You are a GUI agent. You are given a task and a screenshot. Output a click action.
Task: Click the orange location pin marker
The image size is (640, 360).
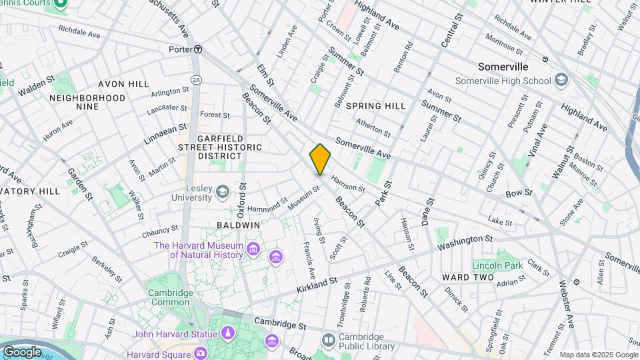tap(320, 159)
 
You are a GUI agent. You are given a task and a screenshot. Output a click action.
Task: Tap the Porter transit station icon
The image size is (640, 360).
tap(198, 49)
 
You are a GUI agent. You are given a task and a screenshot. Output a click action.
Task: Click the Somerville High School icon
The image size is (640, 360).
tap(561, 81)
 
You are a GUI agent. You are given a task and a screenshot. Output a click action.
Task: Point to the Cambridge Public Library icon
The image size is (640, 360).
tap(328, 341)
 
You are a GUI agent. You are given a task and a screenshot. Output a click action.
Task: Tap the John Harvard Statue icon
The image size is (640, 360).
tap(228, 333)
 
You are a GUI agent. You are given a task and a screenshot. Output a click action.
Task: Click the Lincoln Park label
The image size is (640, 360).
tap(497, 266)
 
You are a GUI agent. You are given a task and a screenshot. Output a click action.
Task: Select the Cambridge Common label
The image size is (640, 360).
tap(170, 297)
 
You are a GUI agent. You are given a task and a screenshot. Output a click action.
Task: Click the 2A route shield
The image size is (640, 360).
tap(196, 79)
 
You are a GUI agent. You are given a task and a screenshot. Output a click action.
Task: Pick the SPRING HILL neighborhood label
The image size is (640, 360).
tap(376, 106)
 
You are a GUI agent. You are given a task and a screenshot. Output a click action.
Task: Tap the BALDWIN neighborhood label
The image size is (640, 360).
tap(238, 225)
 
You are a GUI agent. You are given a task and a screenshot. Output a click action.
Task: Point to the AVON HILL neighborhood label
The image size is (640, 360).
tap(123, 84)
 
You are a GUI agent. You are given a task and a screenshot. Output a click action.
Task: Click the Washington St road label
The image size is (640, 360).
tap(466, 243)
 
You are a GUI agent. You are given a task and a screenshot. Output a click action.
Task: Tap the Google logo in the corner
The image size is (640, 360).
tap(22, 351)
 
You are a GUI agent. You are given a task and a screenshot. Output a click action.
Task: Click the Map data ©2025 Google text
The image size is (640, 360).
tap(598, 355)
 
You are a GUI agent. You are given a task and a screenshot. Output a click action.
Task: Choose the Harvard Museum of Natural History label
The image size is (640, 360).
tap(198, 250)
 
